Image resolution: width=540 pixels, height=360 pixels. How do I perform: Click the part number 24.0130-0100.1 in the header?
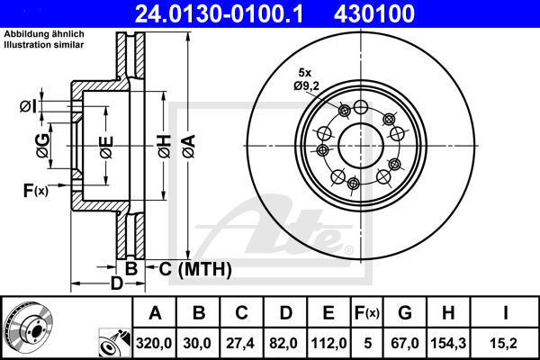(219, 13)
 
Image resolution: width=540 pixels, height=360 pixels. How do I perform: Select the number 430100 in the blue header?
(374, 13)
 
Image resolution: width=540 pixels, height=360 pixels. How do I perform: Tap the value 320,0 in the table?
(154, 343)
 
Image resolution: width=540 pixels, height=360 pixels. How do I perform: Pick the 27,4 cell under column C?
(240, 343)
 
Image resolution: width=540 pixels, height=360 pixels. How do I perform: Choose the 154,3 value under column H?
(448, 343)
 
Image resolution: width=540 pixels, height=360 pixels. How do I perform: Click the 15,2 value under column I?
(505, 343)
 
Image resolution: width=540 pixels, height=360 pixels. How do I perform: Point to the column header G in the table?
(405, 313)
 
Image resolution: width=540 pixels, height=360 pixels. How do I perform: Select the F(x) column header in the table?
(367, 313)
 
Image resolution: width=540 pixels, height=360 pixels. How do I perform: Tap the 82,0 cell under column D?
(283, 343)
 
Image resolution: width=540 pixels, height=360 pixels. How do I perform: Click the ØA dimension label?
(189, 146)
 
